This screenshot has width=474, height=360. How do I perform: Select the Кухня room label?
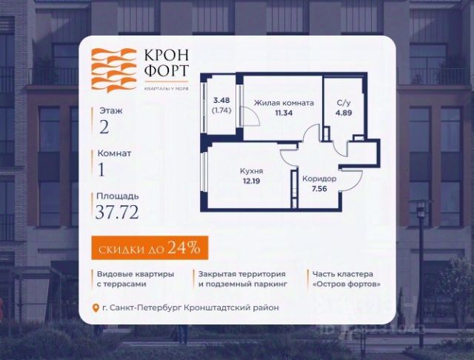(x=251, y=171)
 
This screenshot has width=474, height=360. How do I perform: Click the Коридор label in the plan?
(x=319, y=179)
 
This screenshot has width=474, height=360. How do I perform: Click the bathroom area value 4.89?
(x=343, y=113)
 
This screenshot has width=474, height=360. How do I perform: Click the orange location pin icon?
(x=94, y=307)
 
